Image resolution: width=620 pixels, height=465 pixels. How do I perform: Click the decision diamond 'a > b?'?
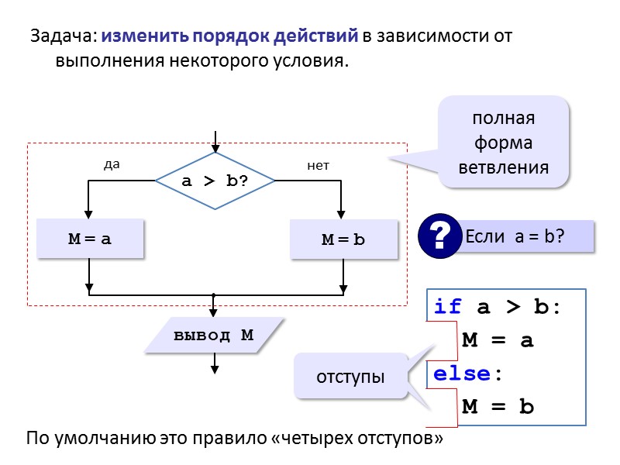pos(215,181)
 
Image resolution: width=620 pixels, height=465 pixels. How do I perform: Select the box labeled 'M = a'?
pos(91,239)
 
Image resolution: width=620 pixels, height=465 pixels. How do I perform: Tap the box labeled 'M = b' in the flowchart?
pos(343,239)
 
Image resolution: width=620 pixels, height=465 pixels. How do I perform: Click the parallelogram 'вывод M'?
pos(214,336)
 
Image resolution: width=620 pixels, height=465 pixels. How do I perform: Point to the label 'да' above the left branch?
pos(112,164)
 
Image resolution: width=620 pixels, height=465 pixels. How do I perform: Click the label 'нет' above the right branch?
pos(318,164)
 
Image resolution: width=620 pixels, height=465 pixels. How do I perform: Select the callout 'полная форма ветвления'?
pos(504,143)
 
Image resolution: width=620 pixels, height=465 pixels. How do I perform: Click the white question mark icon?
pos(439,236)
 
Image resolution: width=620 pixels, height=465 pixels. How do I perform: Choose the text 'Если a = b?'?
pos(515,236)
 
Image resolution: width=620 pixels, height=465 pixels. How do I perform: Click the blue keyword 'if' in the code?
pos(447,307)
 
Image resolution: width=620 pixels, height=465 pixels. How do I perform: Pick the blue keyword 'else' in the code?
pos(463,374)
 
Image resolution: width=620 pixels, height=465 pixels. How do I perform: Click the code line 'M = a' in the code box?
pos(498,340)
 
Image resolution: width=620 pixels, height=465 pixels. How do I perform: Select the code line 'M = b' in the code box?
pos(498,407)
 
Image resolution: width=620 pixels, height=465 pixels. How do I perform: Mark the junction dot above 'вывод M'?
pos(213,295)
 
